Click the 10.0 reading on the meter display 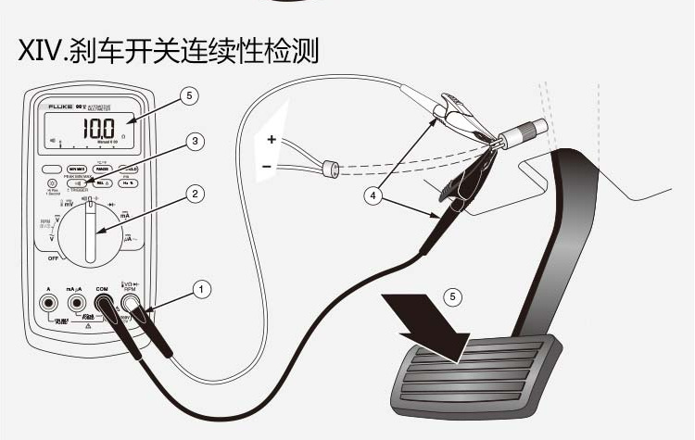[95, 127]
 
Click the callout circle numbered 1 [200, 289]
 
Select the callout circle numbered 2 [194, 195]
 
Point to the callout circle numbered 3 [194, 142]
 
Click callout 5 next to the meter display [190, 94]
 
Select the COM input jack [102, 303]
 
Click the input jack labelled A [47, 303]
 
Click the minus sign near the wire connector [269, 167]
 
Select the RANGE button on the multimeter [102, 169]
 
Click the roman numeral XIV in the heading [38, 50]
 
